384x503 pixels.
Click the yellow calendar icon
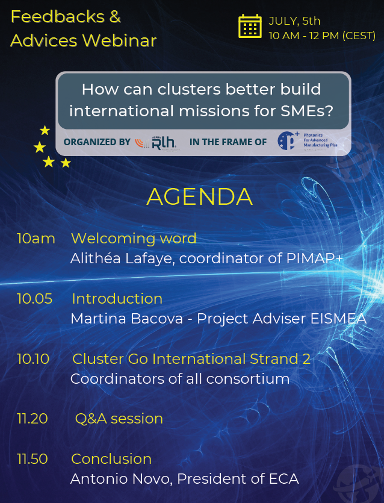(250, 27)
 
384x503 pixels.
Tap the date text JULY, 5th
(294, 21)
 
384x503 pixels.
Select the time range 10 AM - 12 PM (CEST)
(322, 36)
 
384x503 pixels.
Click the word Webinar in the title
(118, 40)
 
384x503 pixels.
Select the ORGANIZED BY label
(97, 142)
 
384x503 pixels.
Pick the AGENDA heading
(199, 197)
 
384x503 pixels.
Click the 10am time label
(36, 239)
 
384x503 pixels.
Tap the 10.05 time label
(34, 299)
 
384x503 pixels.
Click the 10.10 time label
(33, 359)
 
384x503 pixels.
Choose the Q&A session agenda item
(119, 419)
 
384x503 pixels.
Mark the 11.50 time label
(33, 459)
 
